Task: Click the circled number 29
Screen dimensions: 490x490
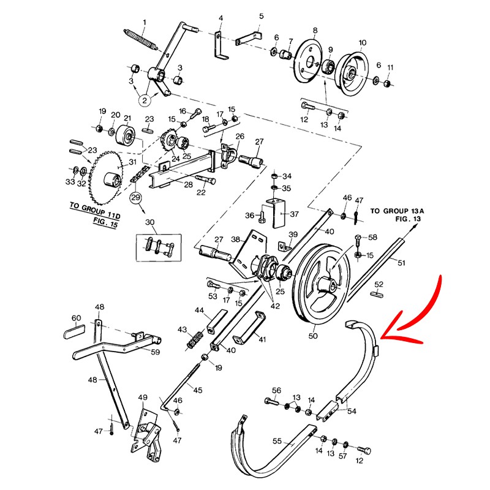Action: click(x=135, y=197)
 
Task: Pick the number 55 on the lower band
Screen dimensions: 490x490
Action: click(x=277, y=440)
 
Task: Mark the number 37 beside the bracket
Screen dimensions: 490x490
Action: click(x=295, y=214)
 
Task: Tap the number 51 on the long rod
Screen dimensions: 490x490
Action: click(x=402, y=263)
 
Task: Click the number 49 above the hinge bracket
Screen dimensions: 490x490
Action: click(x=143, y=398)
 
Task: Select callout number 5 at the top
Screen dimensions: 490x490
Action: click(x=261, y=16)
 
